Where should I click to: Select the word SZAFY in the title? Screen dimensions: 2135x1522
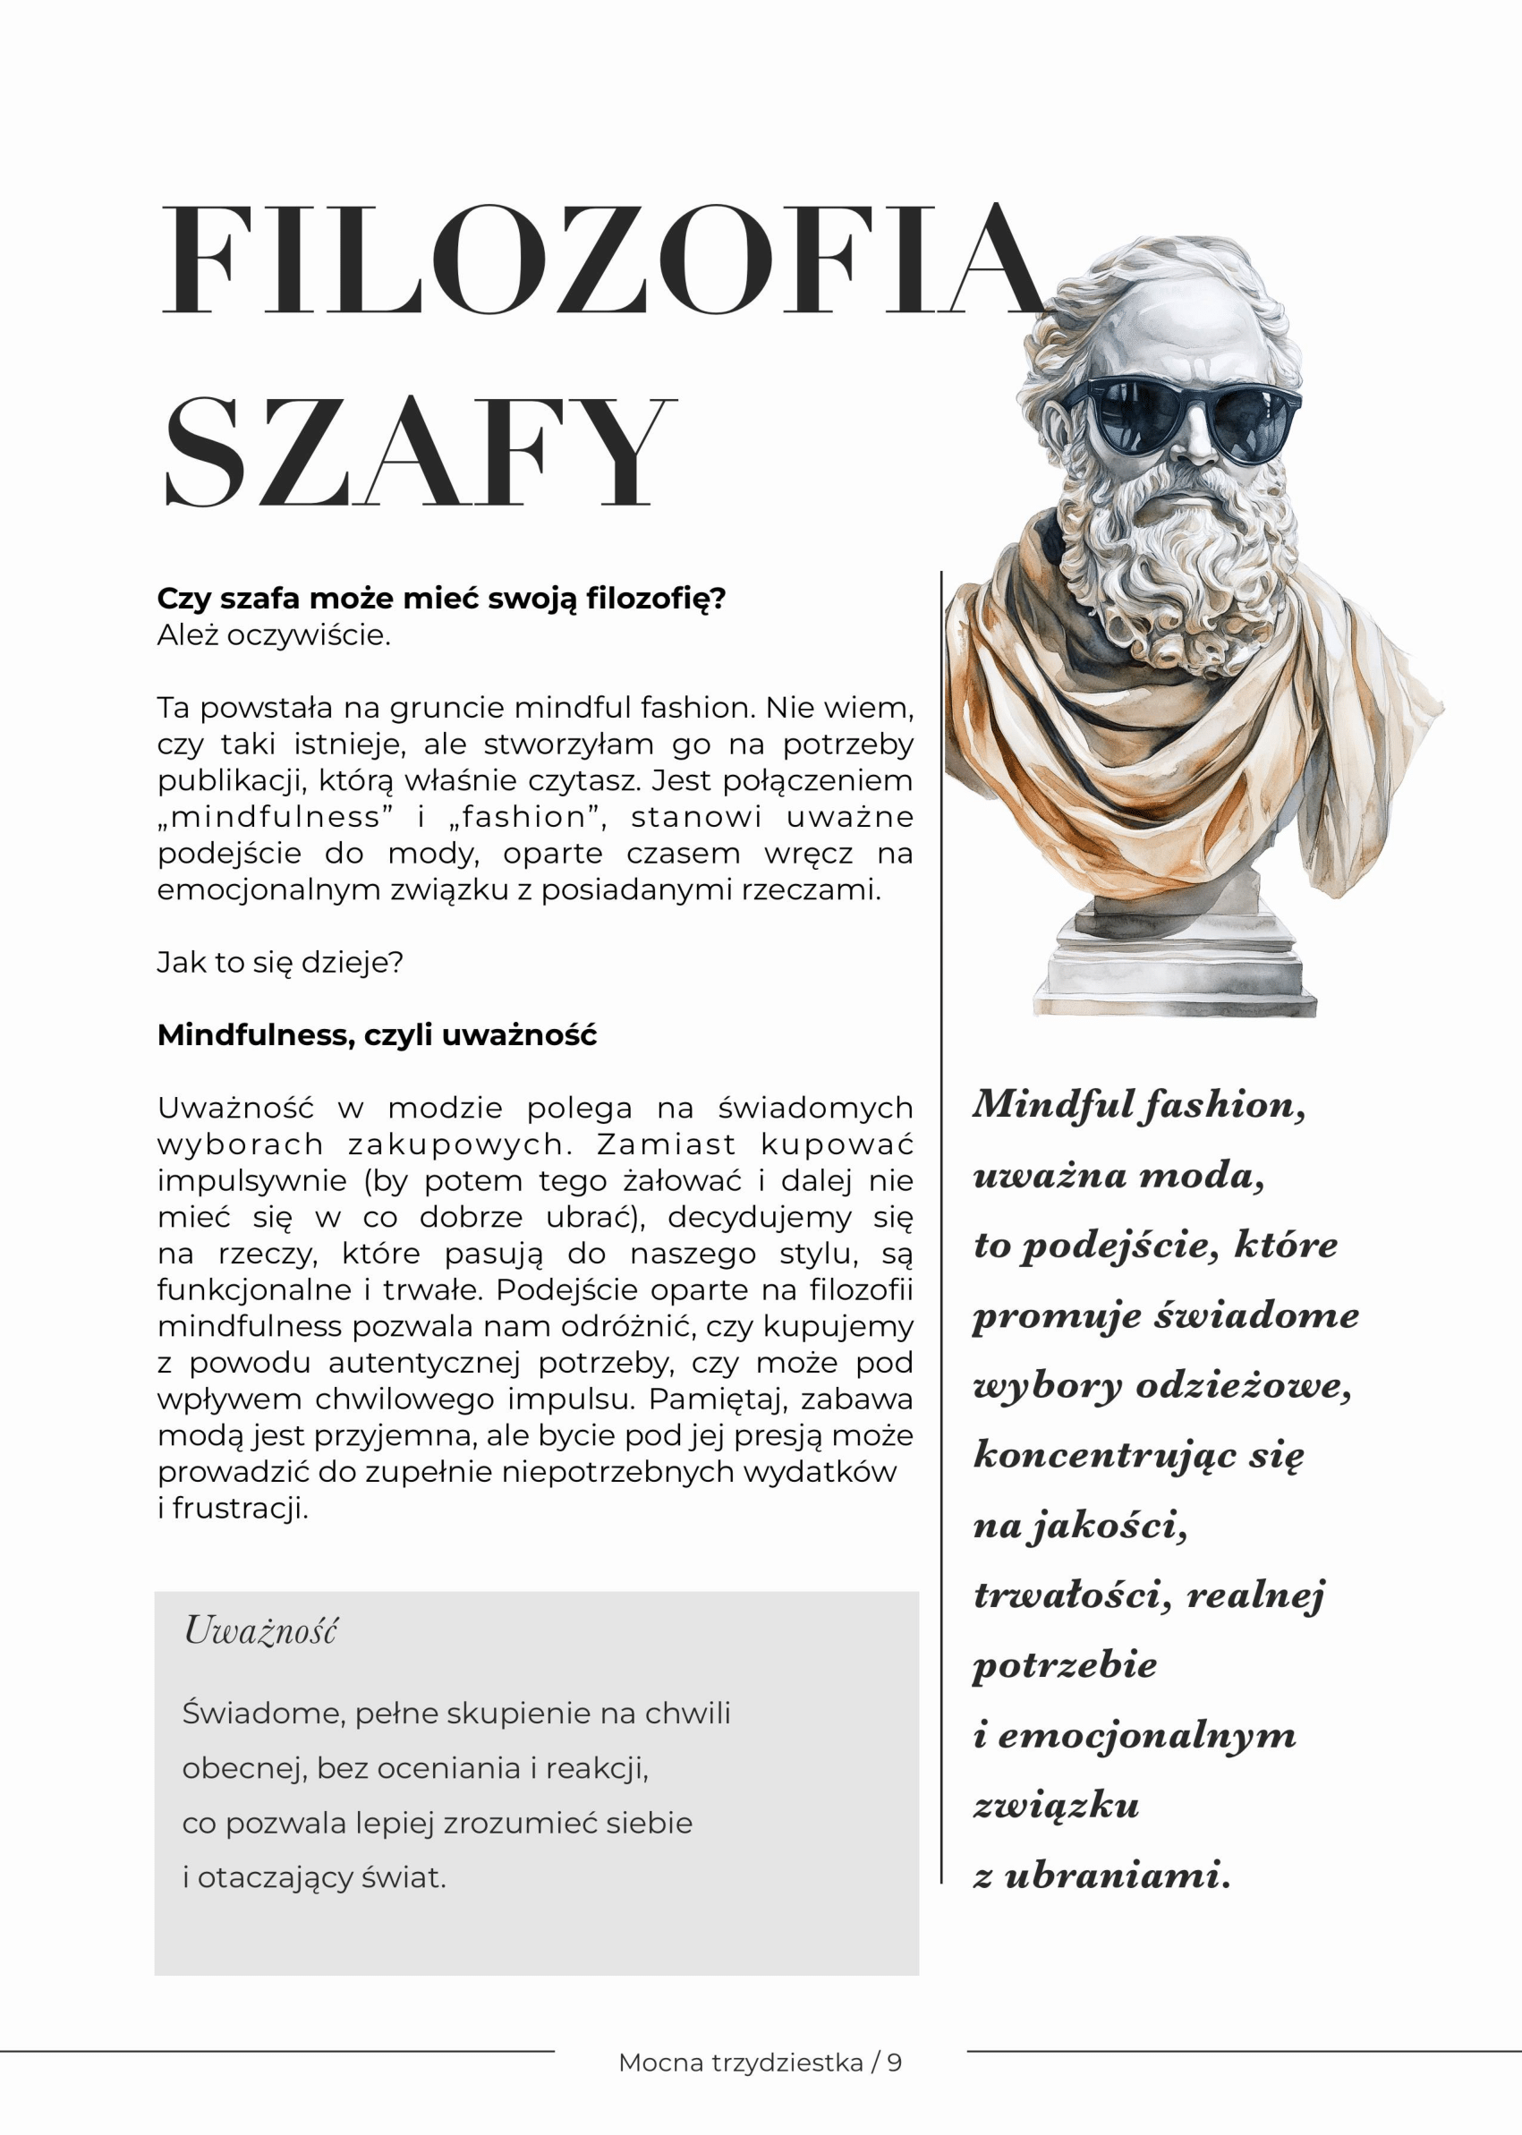click(x=419, y=452)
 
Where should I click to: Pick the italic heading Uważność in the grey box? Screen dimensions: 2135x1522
click(x=260, y=1629)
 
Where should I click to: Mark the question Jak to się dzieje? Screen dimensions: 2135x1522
click(x=280, y=963)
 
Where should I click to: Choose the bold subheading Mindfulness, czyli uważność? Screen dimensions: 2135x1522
click(x=377, y=1034)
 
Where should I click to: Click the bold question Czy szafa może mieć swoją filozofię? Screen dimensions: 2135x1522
click(x=441, y=598)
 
